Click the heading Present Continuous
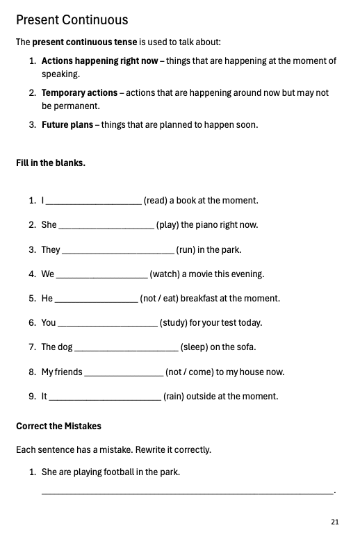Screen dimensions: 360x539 pos(72,19)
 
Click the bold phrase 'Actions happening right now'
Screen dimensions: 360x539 pos(99,61)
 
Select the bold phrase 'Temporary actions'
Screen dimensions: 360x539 pos(79,92)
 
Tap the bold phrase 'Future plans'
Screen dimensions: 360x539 pos(68,125)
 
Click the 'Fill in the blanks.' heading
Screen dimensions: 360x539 pos(51,164)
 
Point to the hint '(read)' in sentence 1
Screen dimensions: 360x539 pos(156,201)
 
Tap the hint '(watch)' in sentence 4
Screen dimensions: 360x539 pos(165,274)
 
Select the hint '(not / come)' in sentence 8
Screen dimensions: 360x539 pos(189,372)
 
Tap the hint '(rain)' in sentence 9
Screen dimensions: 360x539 pos(175,397)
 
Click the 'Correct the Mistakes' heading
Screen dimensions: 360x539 pos(58,426)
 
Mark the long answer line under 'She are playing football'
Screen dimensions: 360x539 pos(188,493)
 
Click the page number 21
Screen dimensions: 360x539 pos(335,522)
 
